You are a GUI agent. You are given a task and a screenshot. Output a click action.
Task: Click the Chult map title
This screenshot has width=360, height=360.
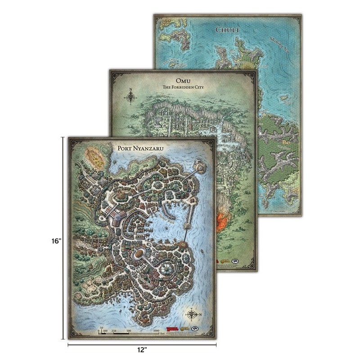(225, 31)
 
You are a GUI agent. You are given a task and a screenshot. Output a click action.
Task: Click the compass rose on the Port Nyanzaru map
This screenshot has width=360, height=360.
(193, 315)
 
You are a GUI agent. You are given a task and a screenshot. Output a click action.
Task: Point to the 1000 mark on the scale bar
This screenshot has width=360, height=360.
(156, 330)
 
